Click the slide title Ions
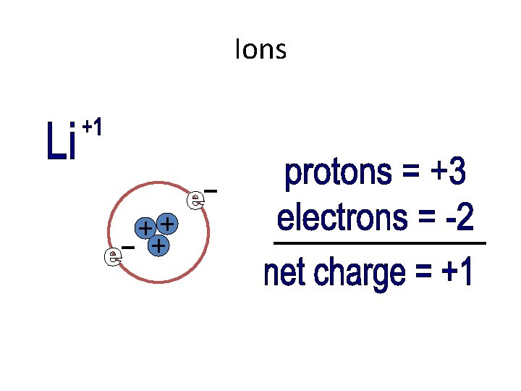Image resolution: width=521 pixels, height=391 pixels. (260, 50)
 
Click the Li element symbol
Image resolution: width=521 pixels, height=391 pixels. (62, 143)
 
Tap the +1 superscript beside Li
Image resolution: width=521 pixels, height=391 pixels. (92, 128)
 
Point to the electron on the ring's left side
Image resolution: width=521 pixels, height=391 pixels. (112, 256)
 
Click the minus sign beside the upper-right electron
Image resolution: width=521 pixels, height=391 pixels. (211, 190)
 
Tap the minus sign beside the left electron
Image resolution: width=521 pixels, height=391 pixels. (128, 248)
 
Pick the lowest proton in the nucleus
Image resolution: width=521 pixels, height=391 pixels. (158, 247)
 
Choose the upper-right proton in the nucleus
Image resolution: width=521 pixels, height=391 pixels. (167, 223)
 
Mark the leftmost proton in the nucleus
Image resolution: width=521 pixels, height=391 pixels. (147, 228)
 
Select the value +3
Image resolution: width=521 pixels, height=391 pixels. (446, 173)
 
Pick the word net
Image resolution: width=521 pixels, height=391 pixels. (285, 274)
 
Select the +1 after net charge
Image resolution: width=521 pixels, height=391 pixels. (457, 274)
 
